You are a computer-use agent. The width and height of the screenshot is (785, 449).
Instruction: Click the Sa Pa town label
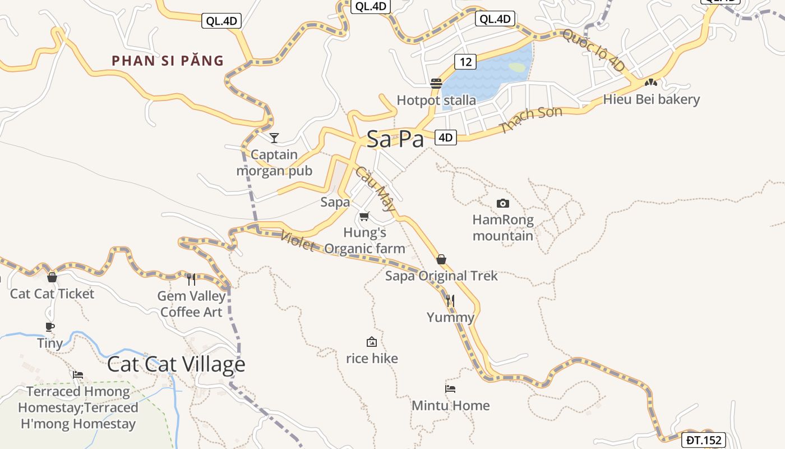coord(395,139)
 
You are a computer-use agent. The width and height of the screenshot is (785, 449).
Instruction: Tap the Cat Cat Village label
coord(176,364)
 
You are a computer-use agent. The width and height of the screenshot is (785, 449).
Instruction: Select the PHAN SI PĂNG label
coord(168,61)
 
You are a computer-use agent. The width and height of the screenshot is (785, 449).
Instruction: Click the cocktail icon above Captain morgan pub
coord(274,138)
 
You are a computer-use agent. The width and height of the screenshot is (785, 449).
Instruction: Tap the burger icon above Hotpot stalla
coord(436,84)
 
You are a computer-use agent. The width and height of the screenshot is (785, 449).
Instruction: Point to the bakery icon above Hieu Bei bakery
coord(650,82)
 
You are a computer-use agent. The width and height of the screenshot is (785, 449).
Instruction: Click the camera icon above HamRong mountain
coord(503,203)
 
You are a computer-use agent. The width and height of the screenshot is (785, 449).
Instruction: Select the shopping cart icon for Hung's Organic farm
coord(364,216)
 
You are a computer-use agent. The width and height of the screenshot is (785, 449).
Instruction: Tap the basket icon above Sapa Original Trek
coord(441,259)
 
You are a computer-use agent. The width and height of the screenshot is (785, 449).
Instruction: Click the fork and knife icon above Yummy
coord(450,301)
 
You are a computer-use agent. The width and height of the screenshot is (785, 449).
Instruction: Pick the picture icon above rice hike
coord(371,342)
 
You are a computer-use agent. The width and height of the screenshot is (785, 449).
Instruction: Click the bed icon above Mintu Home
coord(450,388)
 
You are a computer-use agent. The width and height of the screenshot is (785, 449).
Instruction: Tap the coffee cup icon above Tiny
coord(50,327)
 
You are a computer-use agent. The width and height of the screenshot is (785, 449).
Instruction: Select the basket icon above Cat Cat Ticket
coord(52,277)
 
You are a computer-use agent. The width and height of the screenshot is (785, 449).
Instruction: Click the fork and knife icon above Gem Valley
coord(191,279)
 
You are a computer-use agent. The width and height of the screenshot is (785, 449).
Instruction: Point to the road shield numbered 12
coord(465,61)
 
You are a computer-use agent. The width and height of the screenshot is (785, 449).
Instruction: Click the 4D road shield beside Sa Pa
coord(446,138)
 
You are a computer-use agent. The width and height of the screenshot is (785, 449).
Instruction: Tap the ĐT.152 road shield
coord(704,441)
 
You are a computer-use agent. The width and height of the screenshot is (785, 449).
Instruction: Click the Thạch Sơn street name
coord(531,120)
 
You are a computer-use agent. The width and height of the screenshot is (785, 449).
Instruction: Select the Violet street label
coord(298,242)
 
